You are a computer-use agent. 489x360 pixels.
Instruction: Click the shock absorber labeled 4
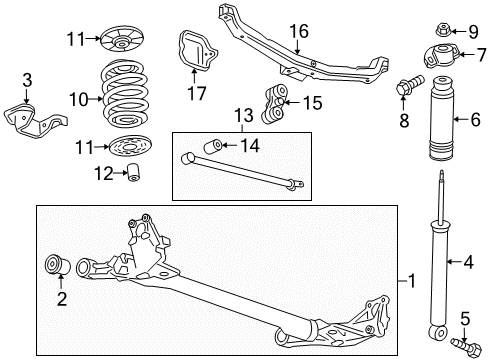tap(440, 262)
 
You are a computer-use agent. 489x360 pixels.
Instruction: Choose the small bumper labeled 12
tap(130, 178)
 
